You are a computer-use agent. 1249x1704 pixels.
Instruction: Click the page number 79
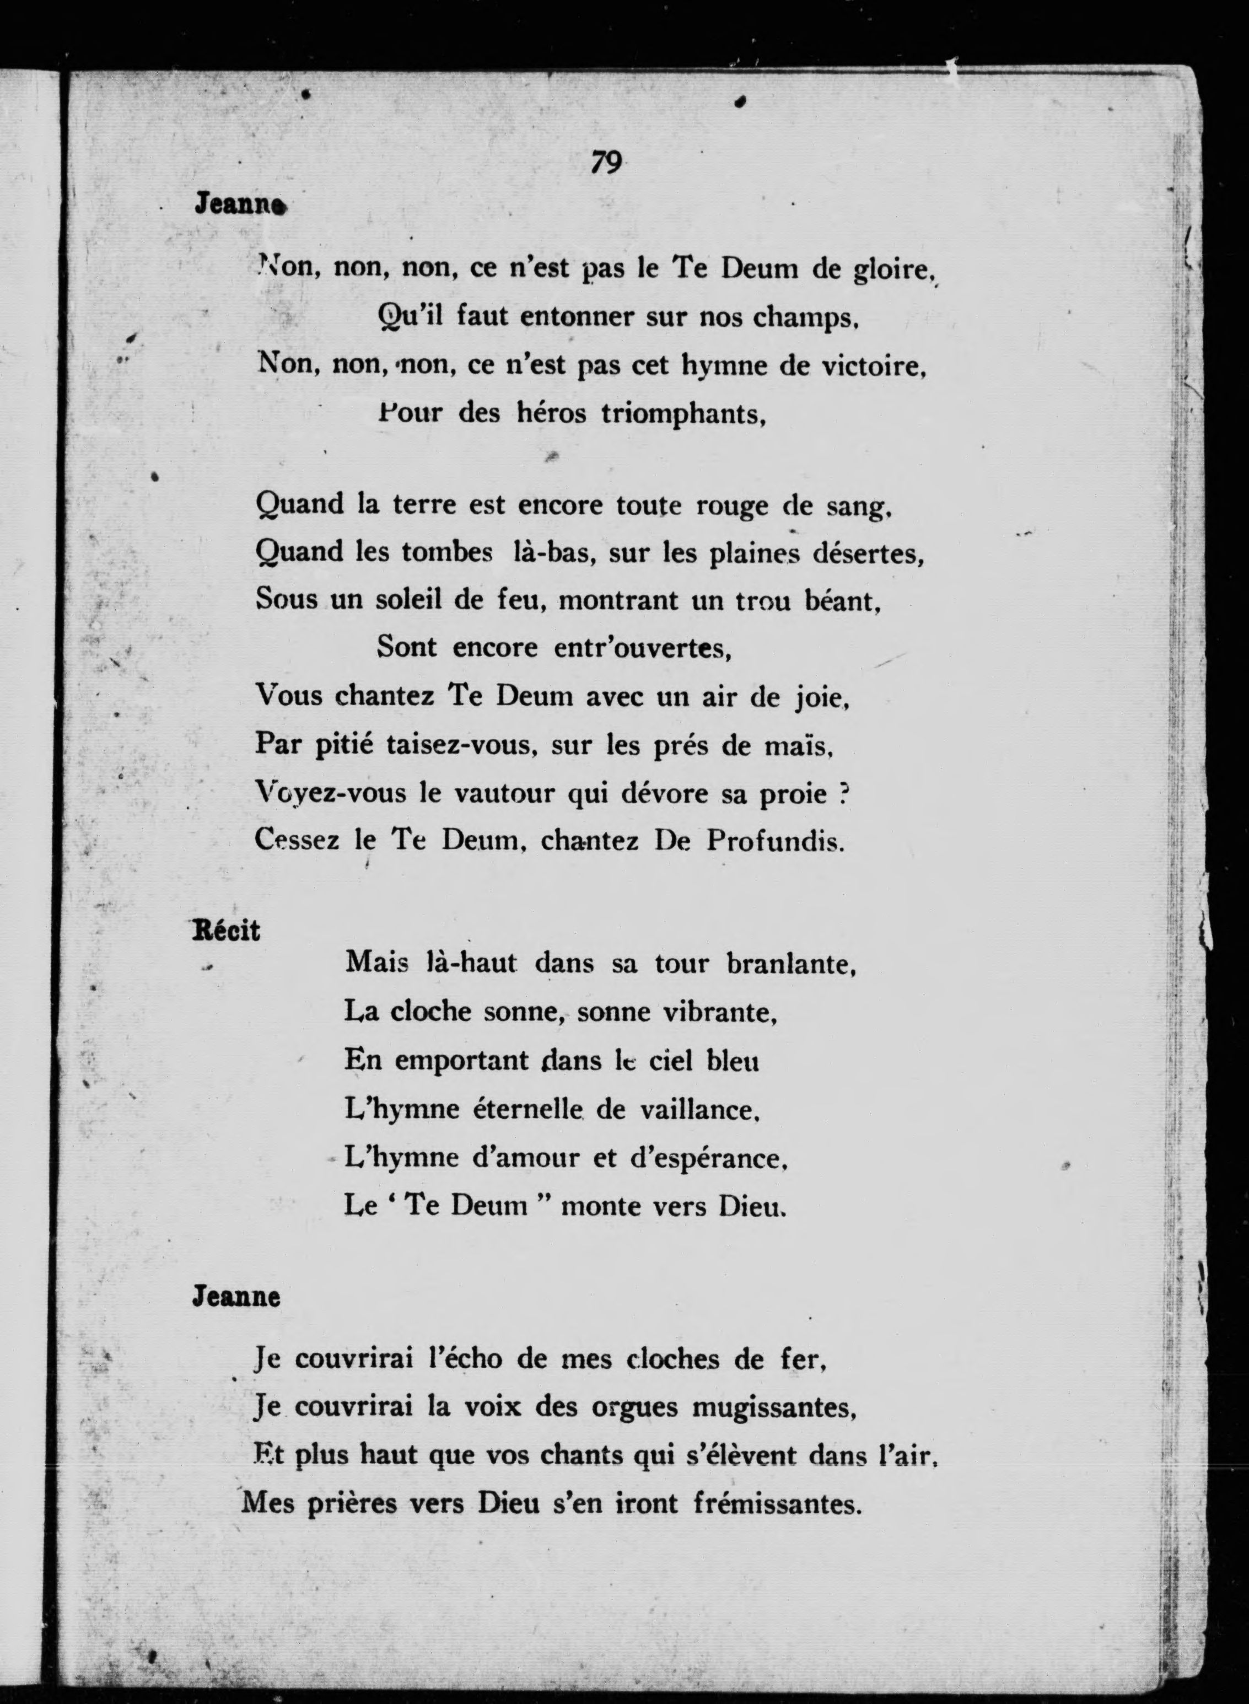(x=606, y=162)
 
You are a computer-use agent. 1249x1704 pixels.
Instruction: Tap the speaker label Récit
(x=226, y=930)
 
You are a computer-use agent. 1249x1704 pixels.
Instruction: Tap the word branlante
(x=790, y=964)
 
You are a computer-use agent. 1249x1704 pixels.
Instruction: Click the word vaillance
(x=698, y=1109)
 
